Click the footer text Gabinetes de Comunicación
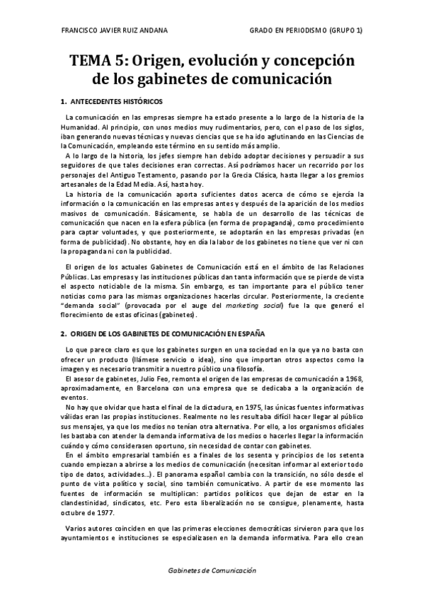coord(212,570)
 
